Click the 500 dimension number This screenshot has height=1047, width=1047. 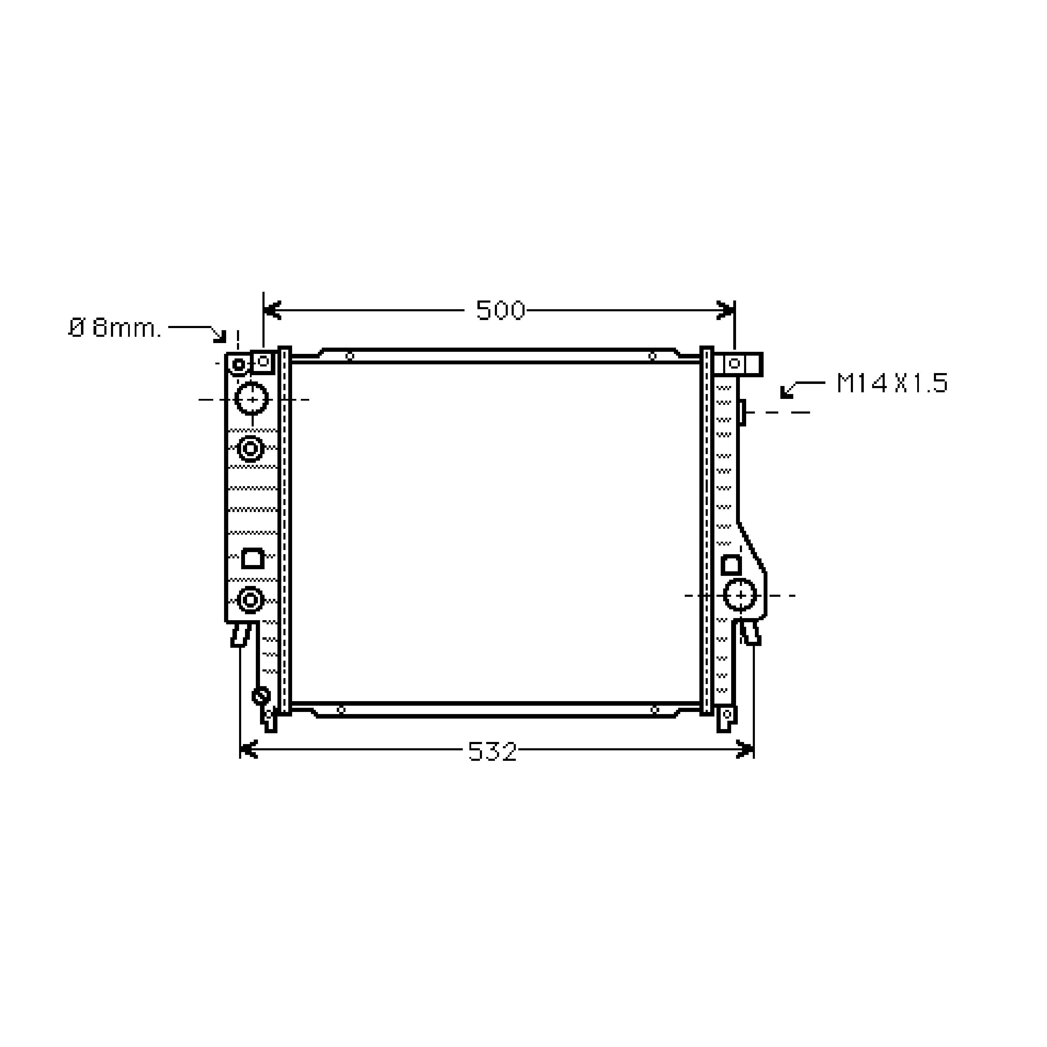[500, 311]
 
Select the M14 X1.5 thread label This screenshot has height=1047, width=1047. [892, 383]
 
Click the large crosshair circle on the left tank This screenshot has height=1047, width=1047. [252, 399]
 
